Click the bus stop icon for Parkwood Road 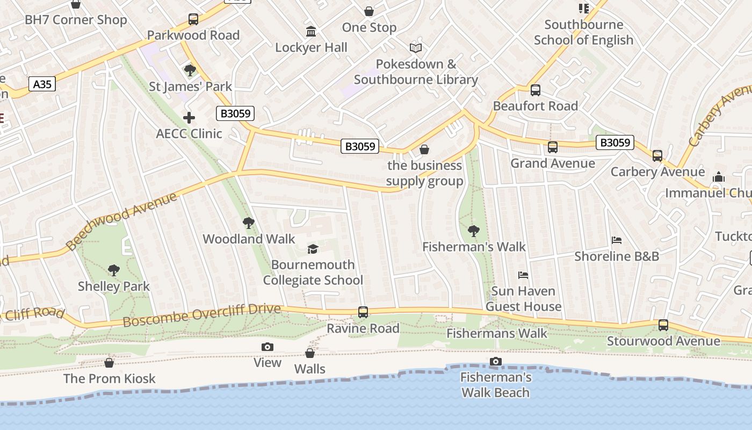click(193, 19)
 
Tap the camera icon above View click(267, 347)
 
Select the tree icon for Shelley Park click(113, 270)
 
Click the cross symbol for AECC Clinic click(189, 117)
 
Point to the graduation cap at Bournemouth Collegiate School click(313, 248)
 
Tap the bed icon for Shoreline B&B click(617, 240)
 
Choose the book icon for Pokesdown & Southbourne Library click(416, 48)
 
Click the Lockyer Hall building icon click(311, 32)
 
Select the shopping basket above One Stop click(369, 11)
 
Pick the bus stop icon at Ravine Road click(363, 312)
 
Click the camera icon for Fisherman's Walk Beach click(496, 361)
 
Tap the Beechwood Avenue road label click(122, 220)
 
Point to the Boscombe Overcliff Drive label click(201, 315)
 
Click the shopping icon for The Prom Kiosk click(109, 363)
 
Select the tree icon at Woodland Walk click(248, 223)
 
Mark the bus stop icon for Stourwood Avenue click(663, 325)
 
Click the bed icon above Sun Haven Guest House click(523, 275)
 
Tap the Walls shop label click(310, 369)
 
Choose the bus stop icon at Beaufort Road click(535, 90)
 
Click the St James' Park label click(190, 87)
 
